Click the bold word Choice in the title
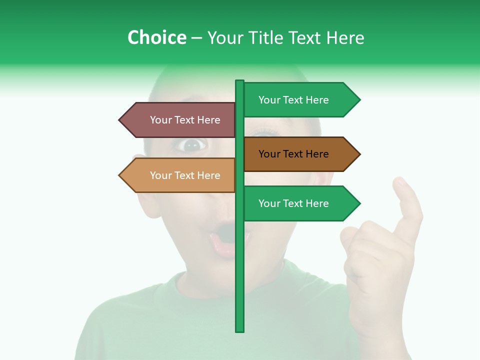156,37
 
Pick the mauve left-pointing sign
180,120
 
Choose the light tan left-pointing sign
180,175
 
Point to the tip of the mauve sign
120,120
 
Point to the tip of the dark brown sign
358,154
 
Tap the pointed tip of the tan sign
120,175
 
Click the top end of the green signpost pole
240,81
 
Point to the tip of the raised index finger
400,181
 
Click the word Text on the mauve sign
185,120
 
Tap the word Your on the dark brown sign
268,154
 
